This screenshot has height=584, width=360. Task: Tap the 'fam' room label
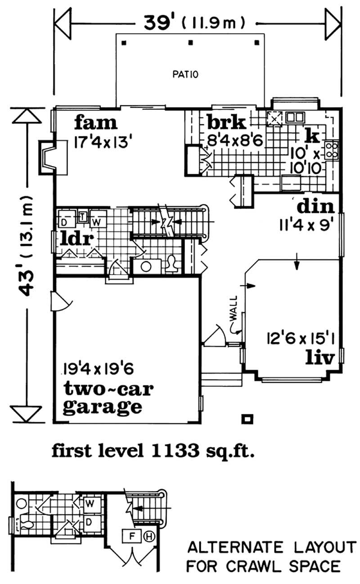[x=95, y=122]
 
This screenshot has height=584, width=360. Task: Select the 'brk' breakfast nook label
[x=226, y=122]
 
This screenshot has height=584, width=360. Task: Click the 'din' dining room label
[x=315, y=207]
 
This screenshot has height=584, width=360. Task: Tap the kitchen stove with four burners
[x=332, y=150]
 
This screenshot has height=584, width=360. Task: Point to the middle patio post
[x=190, y=43]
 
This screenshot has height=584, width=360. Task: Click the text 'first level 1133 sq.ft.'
[x=154, y=450]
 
